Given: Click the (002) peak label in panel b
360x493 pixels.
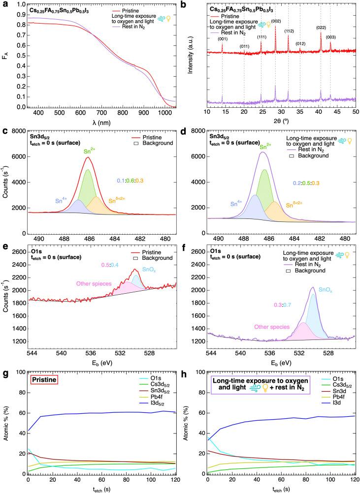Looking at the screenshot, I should (276, 21).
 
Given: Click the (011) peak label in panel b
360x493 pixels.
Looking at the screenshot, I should (244, 46).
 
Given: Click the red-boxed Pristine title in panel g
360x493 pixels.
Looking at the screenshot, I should (44, 379).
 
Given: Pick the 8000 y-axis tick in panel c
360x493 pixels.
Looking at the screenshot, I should (19, 132).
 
